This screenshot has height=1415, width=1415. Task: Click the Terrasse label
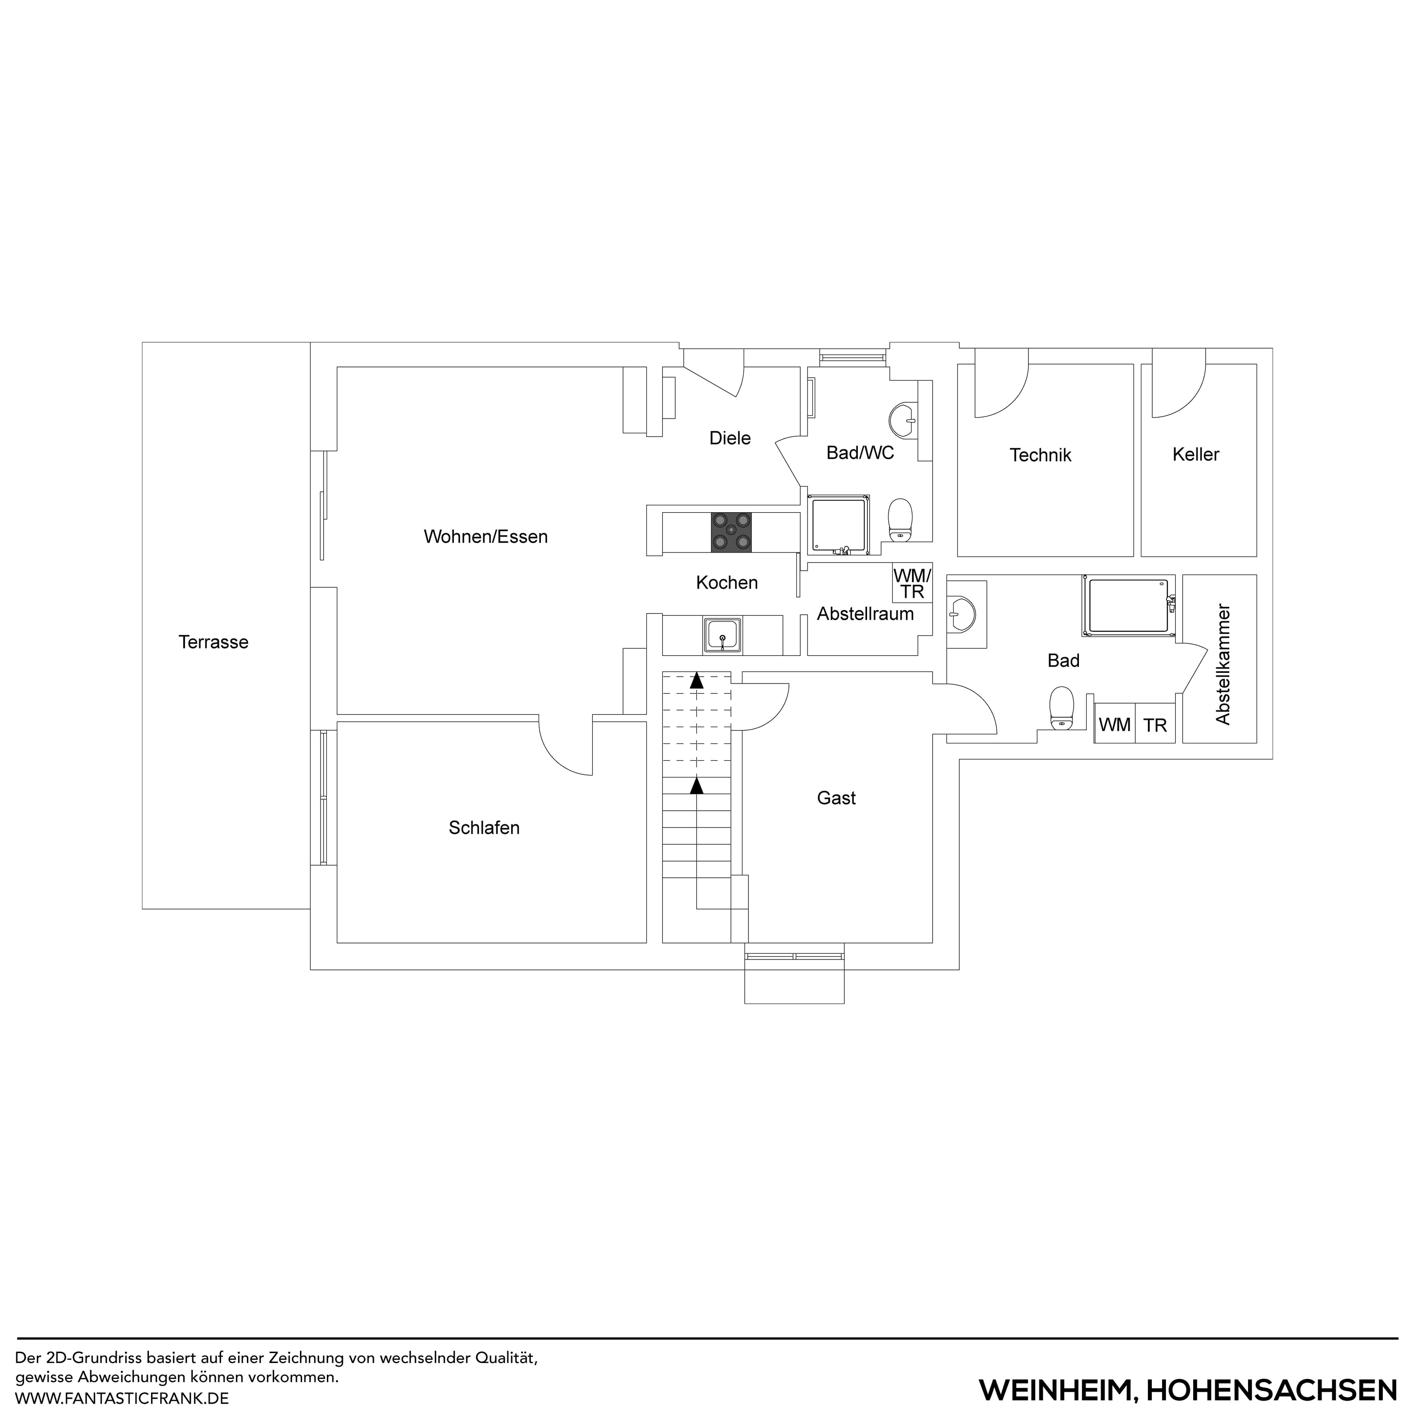(213, 642)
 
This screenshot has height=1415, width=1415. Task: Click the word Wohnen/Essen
(486, 537)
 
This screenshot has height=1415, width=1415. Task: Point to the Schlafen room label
(484, 828)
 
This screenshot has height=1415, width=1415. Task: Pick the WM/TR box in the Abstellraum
(912, 583)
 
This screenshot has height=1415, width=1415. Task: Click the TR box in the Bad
(1155, 725)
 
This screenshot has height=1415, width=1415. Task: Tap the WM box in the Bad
(1115, 725)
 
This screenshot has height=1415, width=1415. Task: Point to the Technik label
(1040, 455)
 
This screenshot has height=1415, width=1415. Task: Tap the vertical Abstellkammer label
(1222, 664)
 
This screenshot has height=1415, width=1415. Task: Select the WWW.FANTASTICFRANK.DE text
(122, 1397)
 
